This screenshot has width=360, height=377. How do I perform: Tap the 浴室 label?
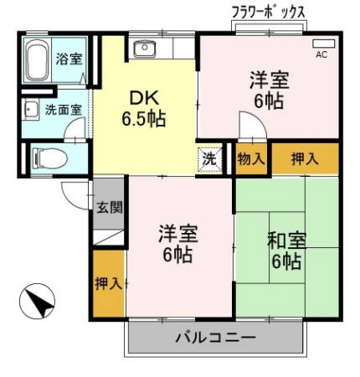tap(69, 59)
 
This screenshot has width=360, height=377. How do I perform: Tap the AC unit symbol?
tap(322, 44)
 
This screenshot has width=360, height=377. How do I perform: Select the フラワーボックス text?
tap(267, 11)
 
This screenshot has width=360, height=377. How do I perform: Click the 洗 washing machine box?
tap(209, 158)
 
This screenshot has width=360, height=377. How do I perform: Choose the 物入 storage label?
tap(251, 158)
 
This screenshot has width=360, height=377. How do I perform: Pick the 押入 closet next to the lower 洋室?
tap(108, 283)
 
